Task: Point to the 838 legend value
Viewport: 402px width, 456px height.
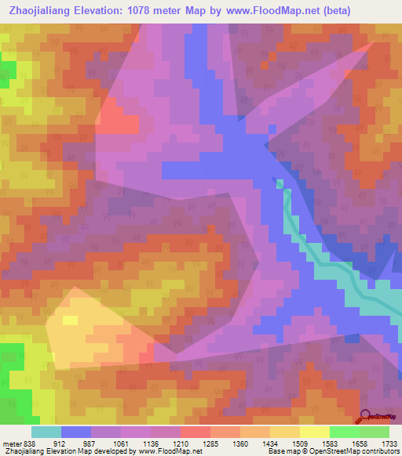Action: [x=31, y=443]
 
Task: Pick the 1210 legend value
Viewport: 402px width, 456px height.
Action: [x=194, y=443]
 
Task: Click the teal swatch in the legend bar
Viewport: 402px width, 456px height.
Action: [x=46, y=432]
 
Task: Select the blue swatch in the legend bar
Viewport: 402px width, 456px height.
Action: [x=75, y=432]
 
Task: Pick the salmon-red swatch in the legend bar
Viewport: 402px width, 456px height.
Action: [x=195, y=432]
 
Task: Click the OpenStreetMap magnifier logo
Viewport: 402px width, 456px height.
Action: [x=367, y=415]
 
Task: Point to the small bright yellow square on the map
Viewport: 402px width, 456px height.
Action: [x=70, y=320]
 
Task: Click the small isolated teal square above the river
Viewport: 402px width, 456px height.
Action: [x=280, y=184]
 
